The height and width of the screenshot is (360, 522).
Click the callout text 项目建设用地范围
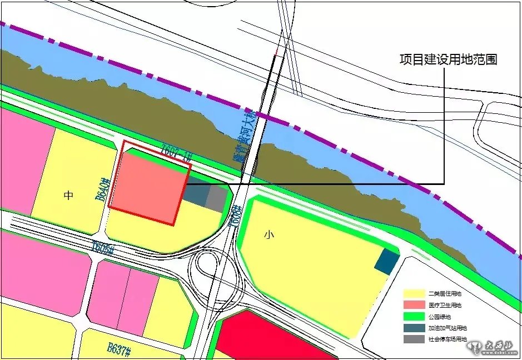(448, 60)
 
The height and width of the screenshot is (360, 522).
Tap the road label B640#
(101, 189)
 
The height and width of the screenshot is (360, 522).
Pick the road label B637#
(119, 349)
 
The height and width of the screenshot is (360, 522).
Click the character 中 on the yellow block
(68, 195)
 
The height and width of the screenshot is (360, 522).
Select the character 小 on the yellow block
(269, 235)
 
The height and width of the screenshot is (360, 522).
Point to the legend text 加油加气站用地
(448, 328)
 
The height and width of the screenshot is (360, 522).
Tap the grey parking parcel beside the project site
(216, 198)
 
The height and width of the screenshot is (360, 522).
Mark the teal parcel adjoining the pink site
(195, 194)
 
